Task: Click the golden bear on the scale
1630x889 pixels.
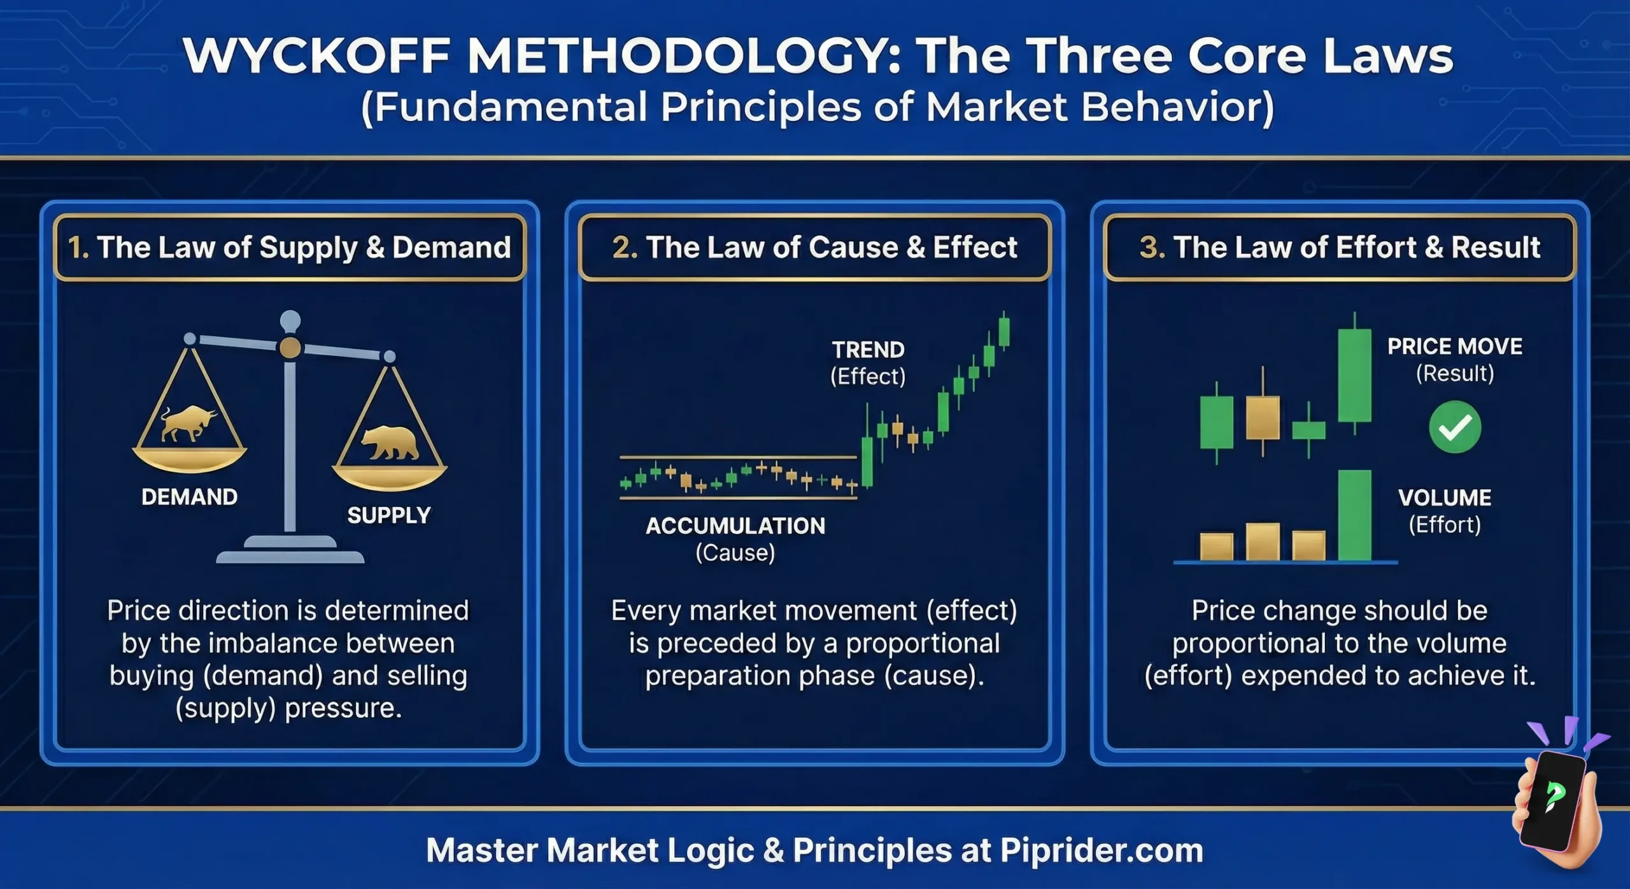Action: [x=390, y=442]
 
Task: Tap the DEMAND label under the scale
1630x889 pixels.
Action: [x=189, y=497]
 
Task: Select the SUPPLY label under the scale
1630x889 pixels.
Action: [x=389, y=515]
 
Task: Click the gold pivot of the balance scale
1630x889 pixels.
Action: [x=290, y=348]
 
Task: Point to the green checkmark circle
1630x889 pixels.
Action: [x=1455, y=427]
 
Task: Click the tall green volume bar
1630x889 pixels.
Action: [x=1354, y=515]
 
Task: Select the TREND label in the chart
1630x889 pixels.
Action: [x=868, y=350]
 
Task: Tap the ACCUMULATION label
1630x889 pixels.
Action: [x=735, y=526]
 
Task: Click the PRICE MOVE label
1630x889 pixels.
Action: [x=1455, y=346]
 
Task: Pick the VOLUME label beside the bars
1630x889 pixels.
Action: [x=1445, y=497]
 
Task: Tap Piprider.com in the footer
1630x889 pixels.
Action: [x=1102, y=850]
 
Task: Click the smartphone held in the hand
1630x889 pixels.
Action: [x=1554, y=799]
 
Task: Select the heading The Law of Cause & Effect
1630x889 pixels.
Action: [x=814, y=248]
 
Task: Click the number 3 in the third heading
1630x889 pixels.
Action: [x=1148, y=248]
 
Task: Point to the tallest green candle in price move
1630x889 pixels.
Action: [x=1354, y=375]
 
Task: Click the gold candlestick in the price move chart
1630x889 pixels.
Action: [x=1263, y=417]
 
